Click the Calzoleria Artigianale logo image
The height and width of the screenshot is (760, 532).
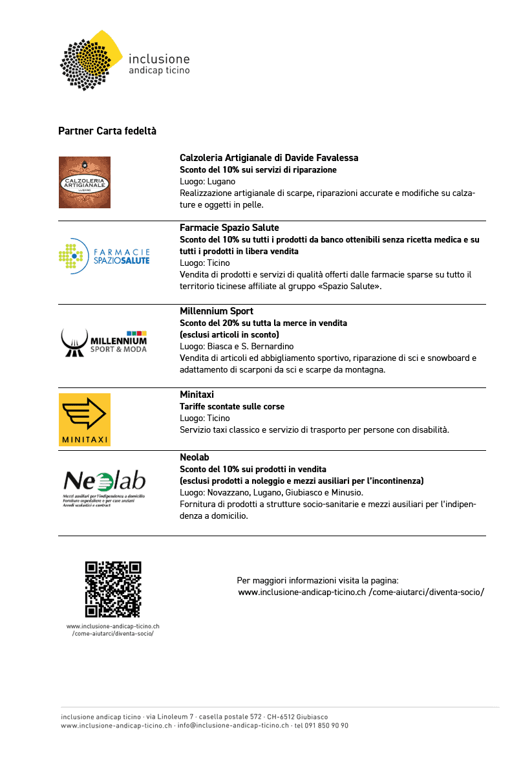(85, 182)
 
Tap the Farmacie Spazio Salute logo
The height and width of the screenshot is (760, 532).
(104, 256)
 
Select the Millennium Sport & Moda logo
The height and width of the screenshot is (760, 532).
(104, 342)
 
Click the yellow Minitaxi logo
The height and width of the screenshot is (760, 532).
(85, 419)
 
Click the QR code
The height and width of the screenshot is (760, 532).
(113, 589)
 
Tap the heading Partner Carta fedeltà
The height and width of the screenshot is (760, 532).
(107, 131)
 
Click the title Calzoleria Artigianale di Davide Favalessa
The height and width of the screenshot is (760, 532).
(269, 158)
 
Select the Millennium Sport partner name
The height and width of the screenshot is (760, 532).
(217, 311)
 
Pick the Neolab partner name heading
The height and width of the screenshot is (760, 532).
(195, 457)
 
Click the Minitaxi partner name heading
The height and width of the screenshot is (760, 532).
(197, 395)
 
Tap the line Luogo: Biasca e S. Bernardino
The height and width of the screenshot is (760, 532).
(237, 347)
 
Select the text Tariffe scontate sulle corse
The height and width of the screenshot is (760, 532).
(232, 407)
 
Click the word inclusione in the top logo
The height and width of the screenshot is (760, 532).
(160, 58)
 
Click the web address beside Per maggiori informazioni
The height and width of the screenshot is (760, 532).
(361, 592)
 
